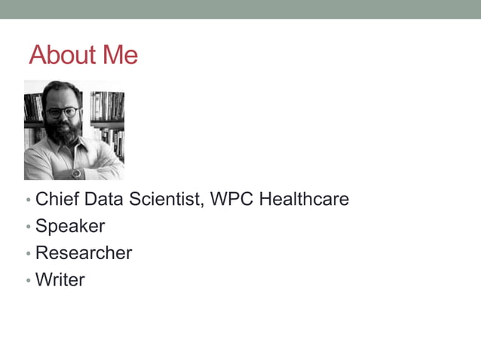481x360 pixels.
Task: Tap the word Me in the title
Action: point(121,55)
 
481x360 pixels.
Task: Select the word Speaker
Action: point(70,226)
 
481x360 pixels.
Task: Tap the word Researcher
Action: point(84,253)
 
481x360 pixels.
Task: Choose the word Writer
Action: point(60,280)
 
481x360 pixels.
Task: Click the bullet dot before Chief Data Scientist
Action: point(28,201)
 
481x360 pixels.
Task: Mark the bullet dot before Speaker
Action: point(28,227)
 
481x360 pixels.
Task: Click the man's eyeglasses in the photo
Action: point(62,112)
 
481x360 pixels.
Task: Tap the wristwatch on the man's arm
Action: point(76,173)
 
